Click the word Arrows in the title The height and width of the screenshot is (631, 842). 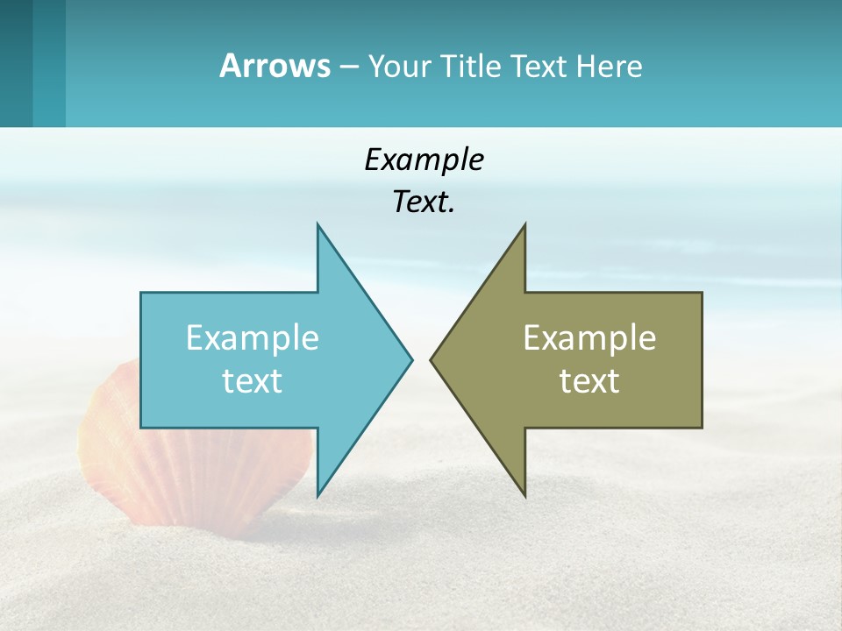pos(275,66)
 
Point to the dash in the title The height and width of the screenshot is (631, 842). pos(348,67)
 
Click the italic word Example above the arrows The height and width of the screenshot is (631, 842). pos(424,160)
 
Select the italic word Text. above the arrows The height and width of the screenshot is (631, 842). pos(424,202)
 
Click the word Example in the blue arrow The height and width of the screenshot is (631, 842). pos(253,337)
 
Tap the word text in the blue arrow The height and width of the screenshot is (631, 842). pos(253,380)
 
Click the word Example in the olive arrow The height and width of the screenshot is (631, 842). pos(589,337)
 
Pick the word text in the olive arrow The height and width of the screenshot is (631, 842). pos(589,380)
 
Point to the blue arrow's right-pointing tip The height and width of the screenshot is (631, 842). pos(410,359)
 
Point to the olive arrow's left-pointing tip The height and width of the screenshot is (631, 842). pos(432,359)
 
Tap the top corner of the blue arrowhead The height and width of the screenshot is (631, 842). pos(318,224)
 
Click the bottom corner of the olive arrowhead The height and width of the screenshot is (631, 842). pos(524,496)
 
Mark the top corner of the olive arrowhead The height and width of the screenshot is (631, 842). pos(524,224)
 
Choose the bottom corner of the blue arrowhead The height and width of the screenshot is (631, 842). pos(318,496)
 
